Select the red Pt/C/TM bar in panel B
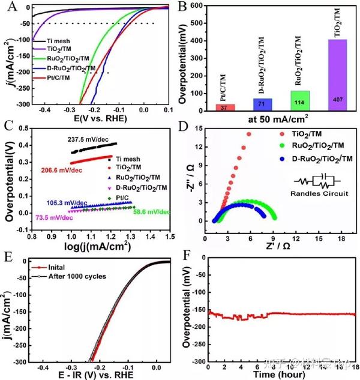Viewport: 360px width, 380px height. pos(225,107)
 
